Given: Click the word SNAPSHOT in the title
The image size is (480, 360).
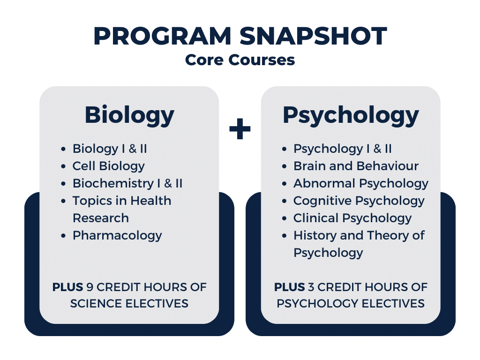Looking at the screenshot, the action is click(x=313, y=36).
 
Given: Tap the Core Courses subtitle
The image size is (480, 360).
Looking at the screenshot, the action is click(x=240, y=60).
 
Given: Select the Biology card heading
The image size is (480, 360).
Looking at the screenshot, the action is click(x=129, y=116).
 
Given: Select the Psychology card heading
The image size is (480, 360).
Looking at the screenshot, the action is click(x=351, y=116).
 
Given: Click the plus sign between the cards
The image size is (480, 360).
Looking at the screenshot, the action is click(x=240, y=128).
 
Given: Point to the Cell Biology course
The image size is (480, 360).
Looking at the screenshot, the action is click(x=109, y=166).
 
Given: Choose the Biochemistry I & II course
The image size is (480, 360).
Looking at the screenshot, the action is click(x=127, y=183).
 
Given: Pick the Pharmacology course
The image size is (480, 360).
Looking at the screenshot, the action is click(x=117, y=236).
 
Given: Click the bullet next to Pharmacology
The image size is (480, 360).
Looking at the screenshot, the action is click(x=63, y=236).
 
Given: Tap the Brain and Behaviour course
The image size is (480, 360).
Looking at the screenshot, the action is click(x=356, y=166).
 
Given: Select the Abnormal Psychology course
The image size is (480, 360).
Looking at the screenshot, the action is click(x=361, y=184).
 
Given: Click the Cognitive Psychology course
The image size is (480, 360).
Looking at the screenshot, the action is click(x=359, y=201).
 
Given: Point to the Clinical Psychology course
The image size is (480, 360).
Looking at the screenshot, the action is click(x=352, y=218).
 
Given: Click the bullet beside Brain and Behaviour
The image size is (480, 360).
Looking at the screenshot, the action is click(x=285, y=166).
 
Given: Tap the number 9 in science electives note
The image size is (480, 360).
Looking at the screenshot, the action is click(x=90, y=287).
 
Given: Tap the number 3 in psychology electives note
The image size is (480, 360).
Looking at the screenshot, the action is click(x=311, y=287).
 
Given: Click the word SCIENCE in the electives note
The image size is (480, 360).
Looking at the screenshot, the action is click(x=97, y=304).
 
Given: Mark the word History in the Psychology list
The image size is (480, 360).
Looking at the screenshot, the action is click(x=315, y=236).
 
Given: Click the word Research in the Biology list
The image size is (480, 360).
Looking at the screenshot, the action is click(x=101, y=218).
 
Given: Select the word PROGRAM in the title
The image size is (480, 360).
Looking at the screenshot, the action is click(x=162, y=36).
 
